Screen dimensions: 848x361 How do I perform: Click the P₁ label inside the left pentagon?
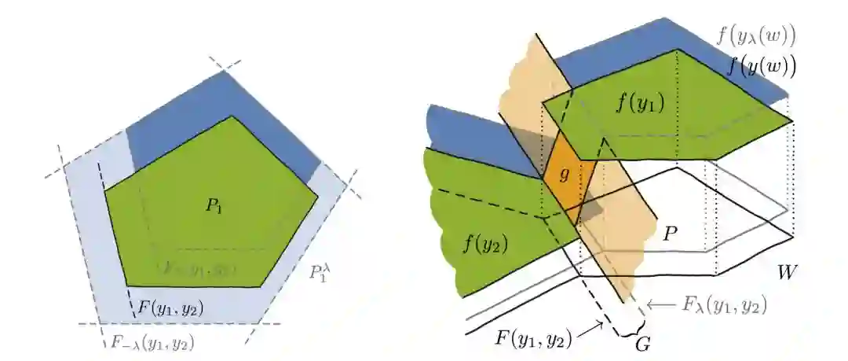(x=212, y=206)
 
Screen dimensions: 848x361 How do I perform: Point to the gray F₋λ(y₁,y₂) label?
(x=149, y=342)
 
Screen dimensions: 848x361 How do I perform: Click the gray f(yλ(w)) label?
(x=756, y=35)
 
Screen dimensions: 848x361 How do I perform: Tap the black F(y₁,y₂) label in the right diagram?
(x=533, y=341)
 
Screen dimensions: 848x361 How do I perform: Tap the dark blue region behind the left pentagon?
(x=181, y=130)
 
